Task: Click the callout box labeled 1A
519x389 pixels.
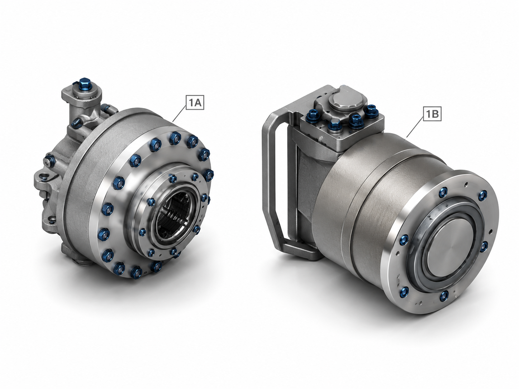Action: [x=195, y=102]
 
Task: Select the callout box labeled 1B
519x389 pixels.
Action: [x=432, y=114]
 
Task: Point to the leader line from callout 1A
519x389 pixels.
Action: [x=180, y=114]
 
